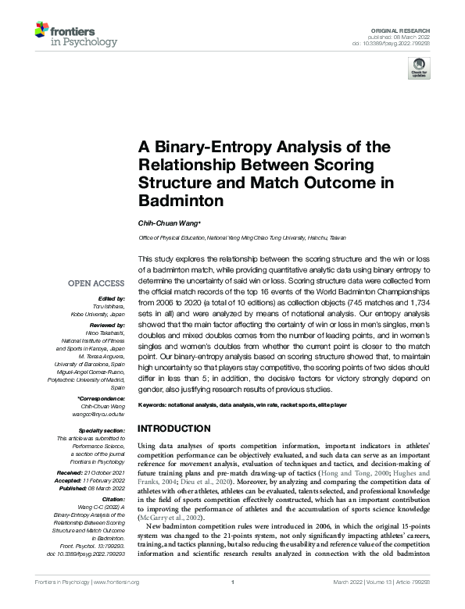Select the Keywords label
(153, 406)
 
